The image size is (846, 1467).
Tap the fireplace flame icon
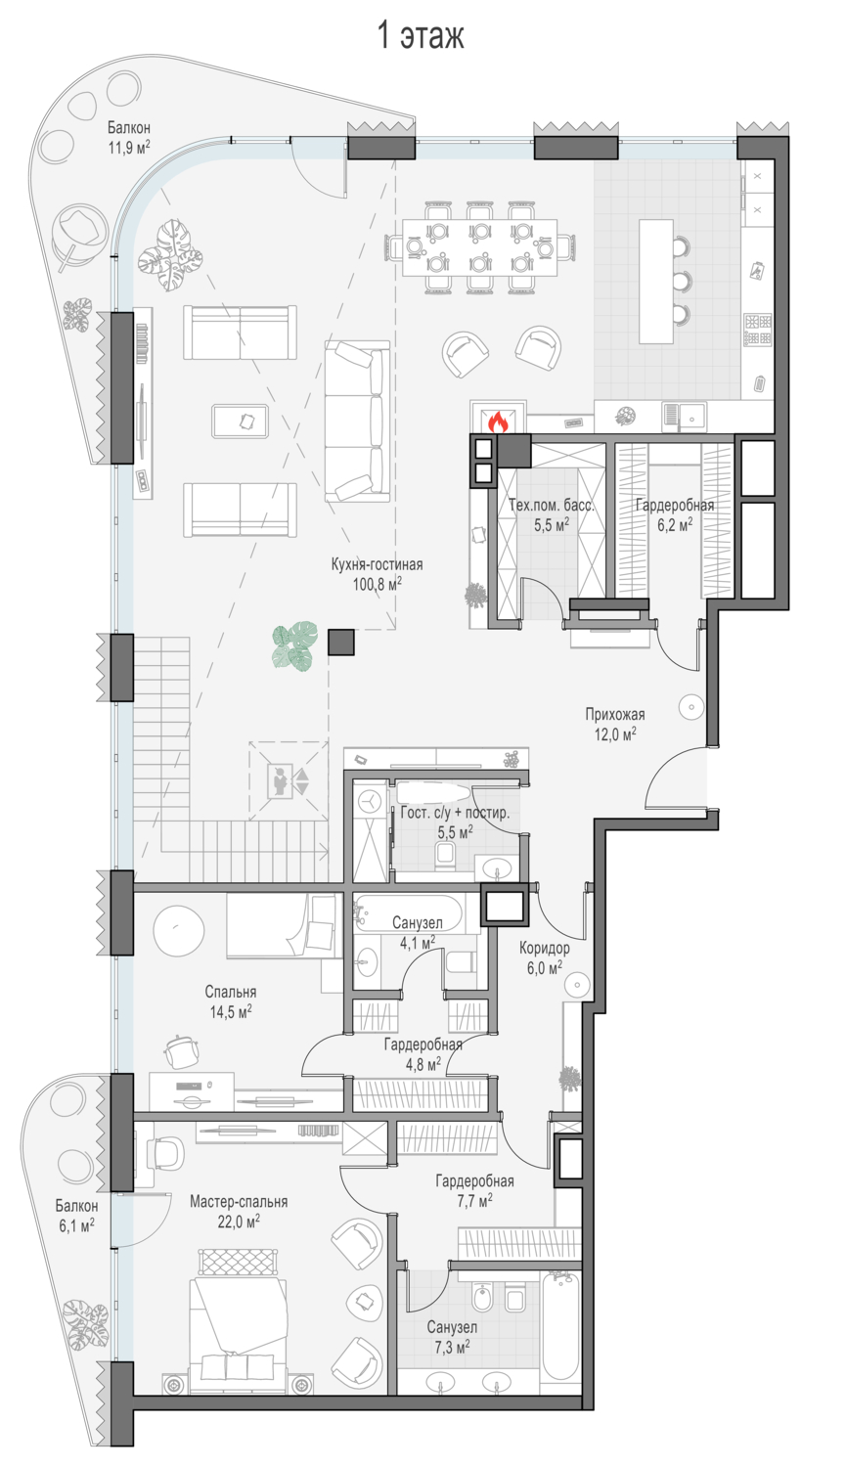(x=498, y=422)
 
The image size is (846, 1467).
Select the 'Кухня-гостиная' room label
(x=377, y=564)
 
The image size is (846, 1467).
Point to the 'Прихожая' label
(x=615, y=715)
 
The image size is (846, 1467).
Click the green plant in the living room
(x=295, y=645)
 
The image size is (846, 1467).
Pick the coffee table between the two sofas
(x=241, y=422)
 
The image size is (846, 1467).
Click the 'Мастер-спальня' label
(x=239, y=1202)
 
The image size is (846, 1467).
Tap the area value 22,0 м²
(x=239, y=1222)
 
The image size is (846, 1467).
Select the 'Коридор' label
(x=544, y=948)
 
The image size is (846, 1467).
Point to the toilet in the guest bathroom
(x=445, y=856)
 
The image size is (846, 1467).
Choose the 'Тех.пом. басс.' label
(x=552, y=505)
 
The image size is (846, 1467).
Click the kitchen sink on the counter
(x=684, y=416)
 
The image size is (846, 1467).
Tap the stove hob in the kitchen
(x=758, y=330)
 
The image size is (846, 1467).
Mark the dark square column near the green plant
(x=341, y=642)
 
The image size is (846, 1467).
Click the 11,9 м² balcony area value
(x=129, y=148)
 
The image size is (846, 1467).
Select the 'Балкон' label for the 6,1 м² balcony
(x=76, y=1205)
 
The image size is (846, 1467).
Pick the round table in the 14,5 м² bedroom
(x=178, y=929)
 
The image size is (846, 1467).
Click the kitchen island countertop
(x=656, y=282)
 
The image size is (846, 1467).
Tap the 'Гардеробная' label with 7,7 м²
(x=474, y=1180)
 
